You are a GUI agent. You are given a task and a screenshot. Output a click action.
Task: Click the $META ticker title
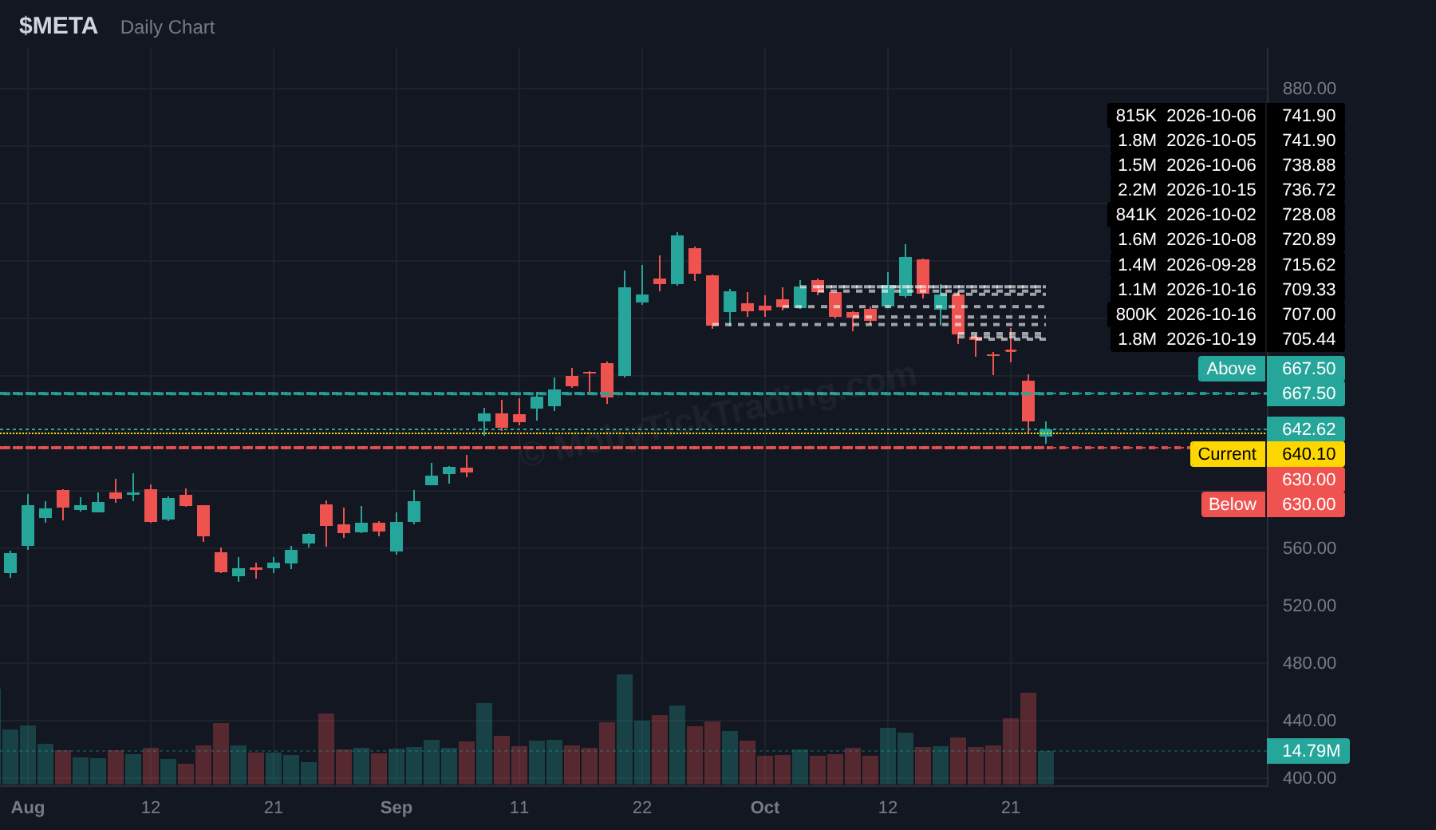click(58, 26)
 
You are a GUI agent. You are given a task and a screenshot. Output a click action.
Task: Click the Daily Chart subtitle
click(168, 27)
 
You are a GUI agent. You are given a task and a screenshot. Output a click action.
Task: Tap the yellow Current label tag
click(1227, 454)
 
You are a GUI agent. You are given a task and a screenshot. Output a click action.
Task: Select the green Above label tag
click(1231, 369)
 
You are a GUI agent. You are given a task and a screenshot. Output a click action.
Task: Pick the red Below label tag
click(1233, 504)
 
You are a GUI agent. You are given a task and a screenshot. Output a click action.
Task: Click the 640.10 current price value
click(1308, 454)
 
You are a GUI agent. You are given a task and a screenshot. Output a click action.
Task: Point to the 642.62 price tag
click(1308, 429)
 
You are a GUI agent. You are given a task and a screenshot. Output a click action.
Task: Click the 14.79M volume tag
click(1311, 751)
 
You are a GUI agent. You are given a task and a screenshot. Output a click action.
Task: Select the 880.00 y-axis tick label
click(1309, 89)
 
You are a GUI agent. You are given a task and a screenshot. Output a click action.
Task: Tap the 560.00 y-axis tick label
click(1309, 548)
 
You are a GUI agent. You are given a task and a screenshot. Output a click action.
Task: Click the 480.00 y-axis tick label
click(1309, 663)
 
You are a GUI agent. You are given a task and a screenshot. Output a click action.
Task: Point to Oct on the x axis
click(765, 808)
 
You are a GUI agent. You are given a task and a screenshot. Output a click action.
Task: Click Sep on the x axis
click(396, 808)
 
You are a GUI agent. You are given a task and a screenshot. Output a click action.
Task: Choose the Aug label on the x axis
click(28, 808)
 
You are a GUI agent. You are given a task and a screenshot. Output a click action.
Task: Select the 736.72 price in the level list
click(1308, 190)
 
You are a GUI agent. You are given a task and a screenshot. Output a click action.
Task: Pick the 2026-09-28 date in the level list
click(1211, 265)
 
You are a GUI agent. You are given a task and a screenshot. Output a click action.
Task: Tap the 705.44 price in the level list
click(1308, 339)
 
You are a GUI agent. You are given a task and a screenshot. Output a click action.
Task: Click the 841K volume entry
click(1136, 215)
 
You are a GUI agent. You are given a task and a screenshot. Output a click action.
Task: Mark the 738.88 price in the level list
click(1308, 165)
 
